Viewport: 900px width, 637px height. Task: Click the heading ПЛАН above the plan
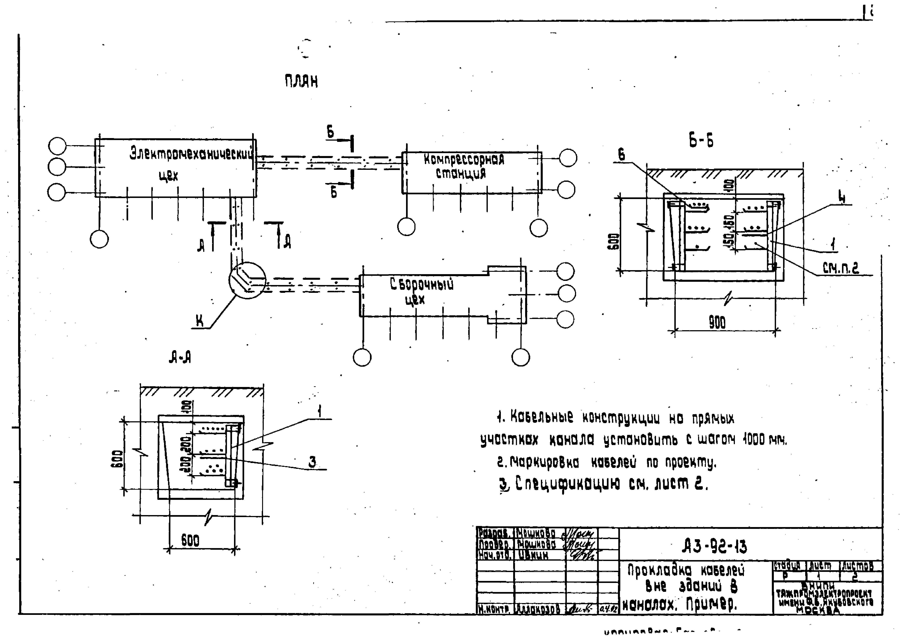click(301, 82)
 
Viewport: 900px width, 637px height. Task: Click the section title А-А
click(180, 358)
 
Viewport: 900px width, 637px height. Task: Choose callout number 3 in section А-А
click(312, 462)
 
